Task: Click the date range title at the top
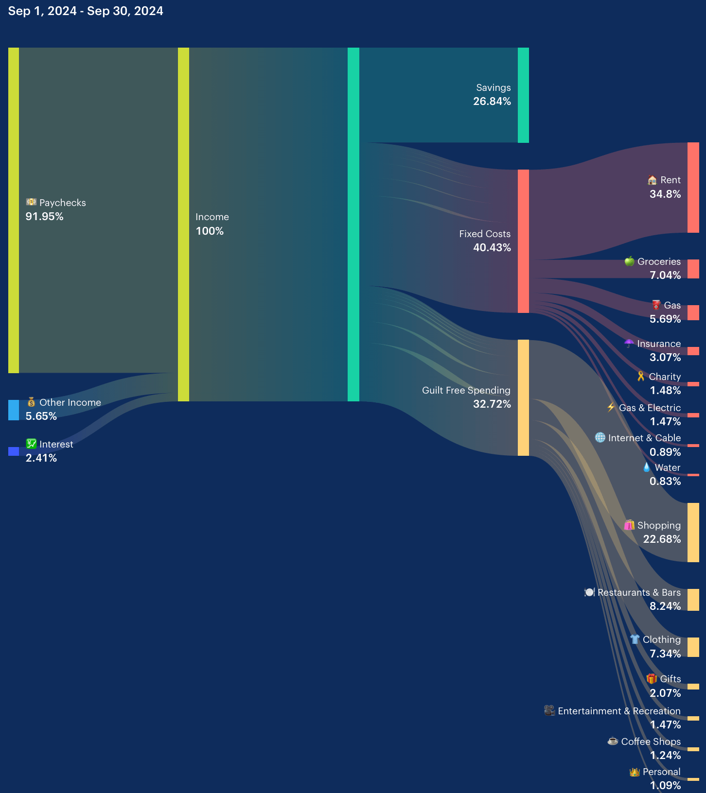click(x=86, y=11)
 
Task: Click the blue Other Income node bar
click(x=14, y=410)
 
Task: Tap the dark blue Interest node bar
click(x=14, y=451)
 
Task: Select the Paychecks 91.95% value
click(x=44, y=217)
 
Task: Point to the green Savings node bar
click(x=523, y=95)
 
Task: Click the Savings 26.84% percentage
click(x=492, y=102)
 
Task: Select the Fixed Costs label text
click(x=485, y=234)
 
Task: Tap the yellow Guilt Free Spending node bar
click(x=523, y=397)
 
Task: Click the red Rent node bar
click(x=693, y=188)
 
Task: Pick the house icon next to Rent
click(x=652, y=180)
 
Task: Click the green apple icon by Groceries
click(x=629, y=261)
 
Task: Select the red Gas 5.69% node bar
click(x=693, y=312)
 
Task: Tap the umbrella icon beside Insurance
click(x=629, y=344)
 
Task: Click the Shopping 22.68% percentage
click(x=662, y=539)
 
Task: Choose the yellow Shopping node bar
click(x=693, y=533)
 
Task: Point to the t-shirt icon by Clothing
click(x=635, y=639)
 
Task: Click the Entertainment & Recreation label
click(x=619, y=711)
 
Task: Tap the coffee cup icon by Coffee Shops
click(x=613, y=741)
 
